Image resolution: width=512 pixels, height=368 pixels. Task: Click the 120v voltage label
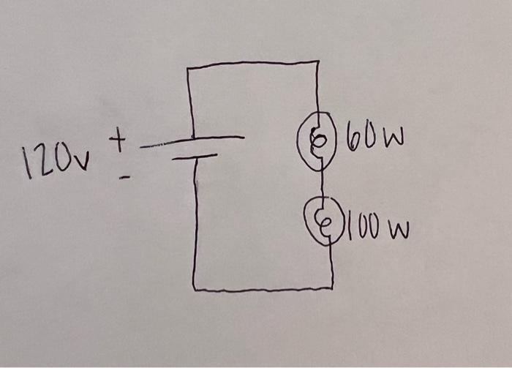[54, 159]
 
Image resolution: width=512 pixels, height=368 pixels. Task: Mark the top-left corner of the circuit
[189, 68]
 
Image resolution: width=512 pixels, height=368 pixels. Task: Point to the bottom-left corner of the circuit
[195, 287]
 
